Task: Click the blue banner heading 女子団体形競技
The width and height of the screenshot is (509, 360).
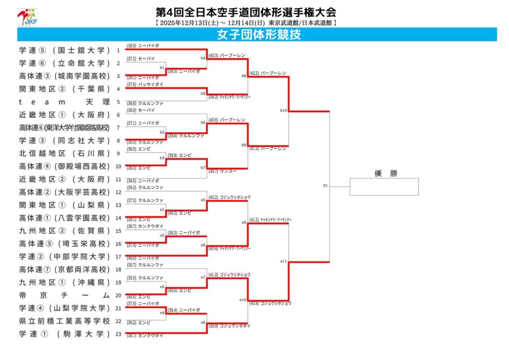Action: tap(258, 35)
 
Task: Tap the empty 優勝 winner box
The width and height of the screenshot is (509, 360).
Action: tap(384, 186)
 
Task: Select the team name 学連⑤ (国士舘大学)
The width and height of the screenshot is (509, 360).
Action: tap(64, 50)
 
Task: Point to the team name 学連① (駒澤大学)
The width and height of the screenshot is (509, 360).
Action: tap(64, 334)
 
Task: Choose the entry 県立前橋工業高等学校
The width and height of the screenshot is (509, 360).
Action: tap(64, 321)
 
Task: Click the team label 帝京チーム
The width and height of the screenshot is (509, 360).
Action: tap(64, 295)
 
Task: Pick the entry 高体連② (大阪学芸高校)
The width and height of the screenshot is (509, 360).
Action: tap(64, 192)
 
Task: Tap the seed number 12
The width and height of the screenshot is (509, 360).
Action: tap(118, 192)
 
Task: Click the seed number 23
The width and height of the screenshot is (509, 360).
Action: tap(118, 334)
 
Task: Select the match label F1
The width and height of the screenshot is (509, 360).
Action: tap(326, 186)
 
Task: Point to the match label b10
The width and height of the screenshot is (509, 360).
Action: tap(283, 110)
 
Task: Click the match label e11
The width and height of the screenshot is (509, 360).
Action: tap(283, 261)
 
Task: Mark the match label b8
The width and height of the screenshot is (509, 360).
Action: tap(244, 76)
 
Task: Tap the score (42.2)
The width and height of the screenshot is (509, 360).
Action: tap(254, 73)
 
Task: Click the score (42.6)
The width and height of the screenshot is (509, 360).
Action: tap(254, 303)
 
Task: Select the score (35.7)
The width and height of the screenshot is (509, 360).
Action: tap(132, 265)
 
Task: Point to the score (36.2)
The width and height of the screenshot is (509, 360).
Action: tap(132, 323)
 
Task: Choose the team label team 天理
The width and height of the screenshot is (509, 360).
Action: tap(64, 102)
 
